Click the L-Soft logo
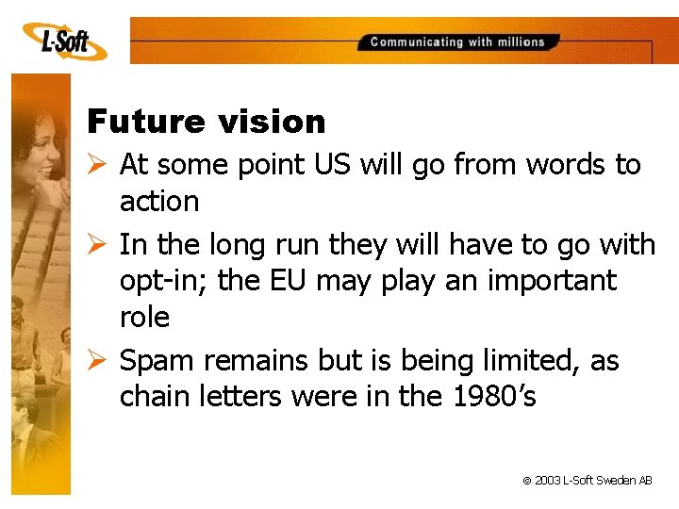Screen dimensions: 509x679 [61, 41]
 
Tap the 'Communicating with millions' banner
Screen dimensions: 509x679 [457, 42]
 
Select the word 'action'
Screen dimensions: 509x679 [159, 202]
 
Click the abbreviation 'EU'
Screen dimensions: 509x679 [312, 281]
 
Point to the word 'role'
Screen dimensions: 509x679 [144, 318]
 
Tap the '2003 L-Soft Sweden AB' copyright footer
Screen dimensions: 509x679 [587, 481]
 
